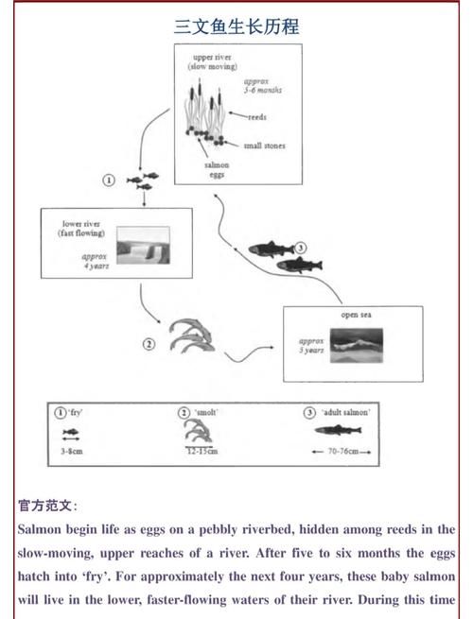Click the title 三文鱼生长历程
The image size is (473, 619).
(x=236, y=26)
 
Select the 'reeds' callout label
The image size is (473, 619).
(x=257, y=118)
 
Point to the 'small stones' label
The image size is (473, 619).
(x=264, y=146)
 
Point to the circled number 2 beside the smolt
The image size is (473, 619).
(x=149, y=343)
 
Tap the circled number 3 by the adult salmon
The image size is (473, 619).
(x=301, y=248)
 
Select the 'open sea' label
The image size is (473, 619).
(x=356, y=315)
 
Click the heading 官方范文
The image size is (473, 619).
(x=47, y=506)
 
